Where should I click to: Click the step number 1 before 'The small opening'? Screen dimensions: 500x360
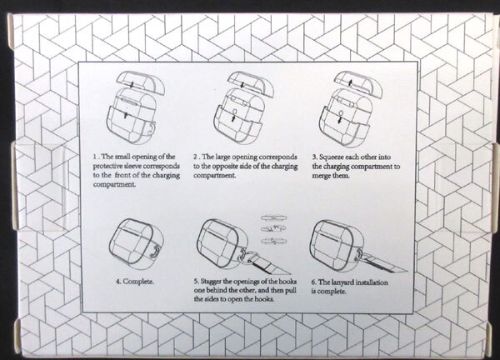[95, 157]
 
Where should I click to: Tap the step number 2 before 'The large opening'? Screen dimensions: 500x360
[195, 157]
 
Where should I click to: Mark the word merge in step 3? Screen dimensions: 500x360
[321, 176]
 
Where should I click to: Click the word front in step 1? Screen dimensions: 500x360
[122, 175]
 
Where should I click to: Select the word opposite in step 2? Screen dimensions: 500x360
[223, 167]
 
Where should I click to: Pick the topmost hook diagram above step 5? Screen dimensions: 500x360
[273, 218]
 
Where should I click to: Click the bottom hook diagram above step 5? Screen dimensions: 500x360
[273, 241]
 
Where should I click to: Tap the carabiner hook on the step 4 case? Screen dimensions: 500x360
[154, 251]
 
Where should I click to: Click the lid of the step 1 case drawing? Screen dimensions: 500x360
[140, 82]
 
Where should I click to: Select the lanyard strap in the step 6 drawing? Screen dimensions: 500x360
[386, 263]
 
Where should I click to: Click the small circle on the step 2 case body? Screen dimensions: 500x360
[235, 112]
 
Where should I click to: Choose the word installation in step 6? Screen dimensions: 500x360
[372, 282]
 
